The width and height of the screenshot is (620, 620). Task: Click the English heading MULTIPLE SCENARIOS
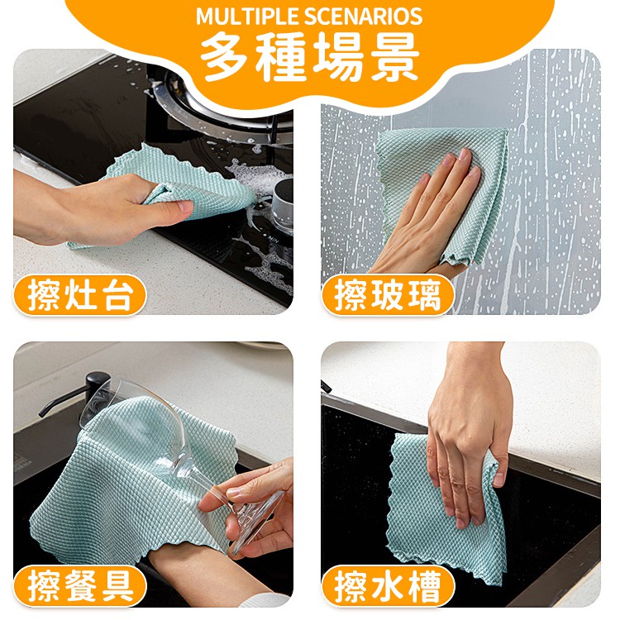click(x=309, y=17)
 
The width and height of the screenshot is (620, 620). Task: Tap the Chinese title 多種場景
click(x=309, y=57)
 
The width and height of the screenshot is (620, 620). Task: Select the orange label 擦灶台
click(x=79, y=294)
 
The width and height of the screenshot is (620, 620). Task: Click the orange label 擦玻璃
click(x=388, y=294)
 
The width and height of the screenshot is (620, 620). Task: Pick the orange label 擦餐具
click(x=79, y=585)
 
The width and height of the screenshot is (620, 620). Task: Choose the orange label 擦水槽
click(x=388, y=585)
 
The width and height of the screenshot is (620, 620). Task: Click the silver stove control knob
click(x=283, y=203)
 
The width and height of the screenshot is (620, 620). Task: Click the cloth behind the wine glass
click(x=135, y=486)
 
